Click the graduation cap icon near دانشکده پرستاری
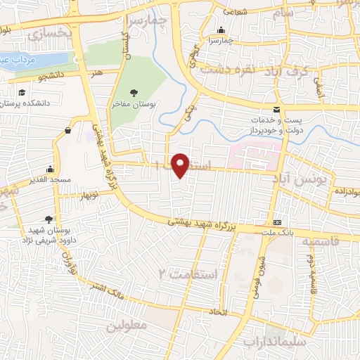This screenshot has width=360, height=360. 22,93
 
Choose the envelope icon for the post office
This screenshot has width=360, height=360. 277,110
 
